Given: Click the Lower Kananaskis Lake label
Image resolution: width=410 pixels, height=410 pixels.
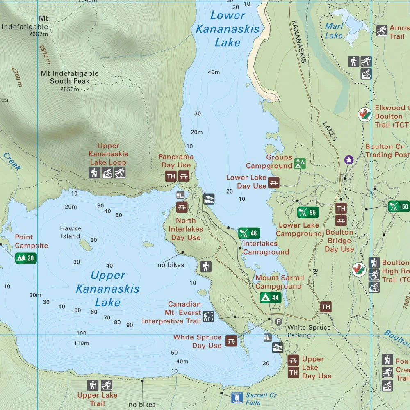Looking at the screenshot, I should click(x=227, y=29).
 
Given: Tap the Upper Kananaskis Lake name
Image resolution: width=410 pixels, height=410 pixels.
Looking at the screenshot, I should click(x=107, y=289).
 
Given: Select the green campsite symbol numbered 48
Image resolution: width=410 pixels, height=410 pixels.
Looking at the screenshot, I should click(x=249, y=233).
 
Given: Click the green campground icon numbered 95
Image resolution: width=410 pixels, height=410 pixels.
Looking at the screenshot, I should click(x=308, y=212).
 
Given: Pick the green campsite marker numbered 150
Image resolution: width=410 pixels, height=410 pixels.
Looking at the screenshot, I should click(x=399, y=207).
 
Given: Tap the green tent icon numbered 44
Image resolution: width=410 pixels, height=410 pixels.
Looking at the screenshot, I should click(x=270, y=298).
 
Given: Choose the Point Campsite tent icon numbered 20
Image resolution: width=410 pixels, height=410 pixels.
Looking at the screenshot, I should click(x=26, y=258).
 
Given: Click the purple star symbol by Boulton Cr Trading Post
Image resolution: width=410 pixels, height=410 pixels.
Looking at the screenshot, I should click(x=348, y=160).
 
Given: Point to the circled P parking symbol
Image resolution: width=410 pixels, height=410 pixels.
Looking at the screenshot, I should click(x=278, y=321).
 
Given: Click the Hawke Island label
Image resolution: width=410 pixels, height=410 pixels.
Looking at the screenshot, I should click(x=71, y=232).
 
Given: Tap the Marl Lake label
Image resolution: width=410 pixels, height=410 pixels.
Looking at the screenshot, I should click(x=334, y=31).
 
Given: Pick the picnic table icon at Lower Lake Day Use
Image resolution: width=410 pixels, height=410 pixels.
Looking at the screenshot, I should click(x=274, y=182).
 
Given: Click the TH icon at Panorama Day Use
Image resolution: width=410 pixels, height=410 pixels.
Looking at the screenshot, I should click(x=171, y=177).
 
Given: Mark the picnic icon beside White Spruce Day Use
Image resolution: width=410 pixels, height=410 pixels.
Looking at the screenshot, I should click(x=231, y=341).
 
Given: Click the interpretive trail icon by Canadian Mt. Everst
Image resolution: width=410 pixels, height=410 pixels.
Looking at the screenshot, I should click(x=208, y=317).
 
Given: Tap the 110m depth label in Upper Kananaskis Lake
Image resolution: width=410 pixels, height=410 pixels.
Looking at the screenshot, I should click(x=81, y=343).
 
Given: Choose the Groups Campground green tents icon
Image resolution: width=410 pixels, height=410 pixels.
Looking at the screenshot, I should click(x=300, y=164).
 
